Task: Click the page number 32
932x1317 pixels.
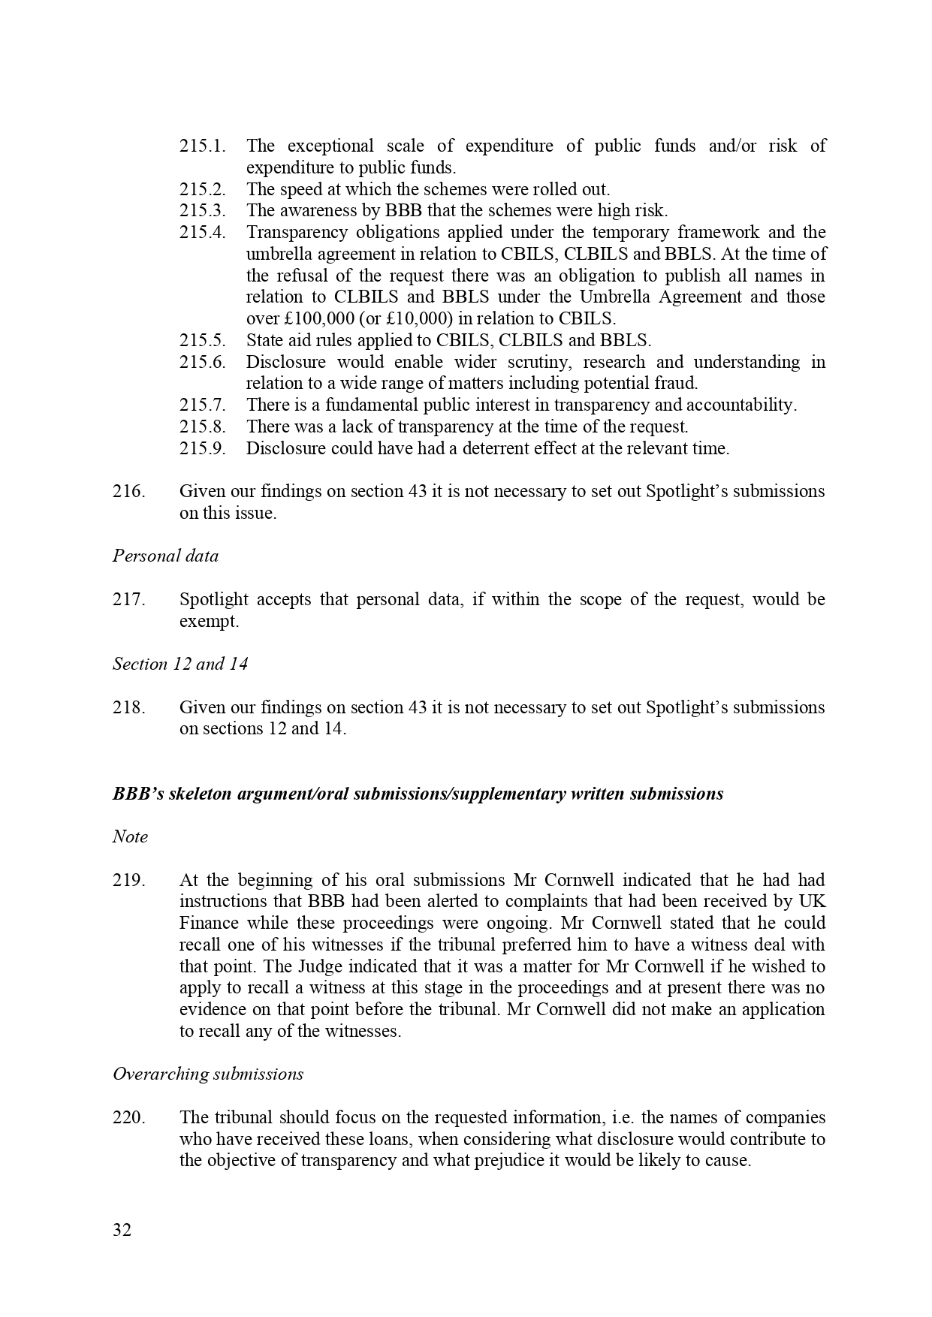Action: [122, 1230]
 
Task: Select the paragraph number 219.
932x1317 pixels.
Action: [128, 879]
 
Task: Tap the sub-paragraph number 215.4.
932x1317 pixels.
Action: [202, 232]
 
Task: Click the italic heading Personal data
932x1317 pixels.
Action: [165, 556]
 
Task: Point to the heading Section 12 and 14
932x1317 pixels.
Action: [180, 664]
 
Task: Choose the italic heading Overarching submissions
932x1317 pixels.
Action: [208, 1074]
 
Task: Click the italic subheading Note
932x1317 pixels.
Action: [130, 836]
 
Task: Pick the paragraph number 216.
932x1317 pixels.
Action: [128, 491]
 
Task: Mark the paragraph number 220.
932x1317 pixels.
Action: [128, 1117]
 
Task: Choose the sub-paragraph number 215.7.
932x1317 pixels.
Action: [202, 405]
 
